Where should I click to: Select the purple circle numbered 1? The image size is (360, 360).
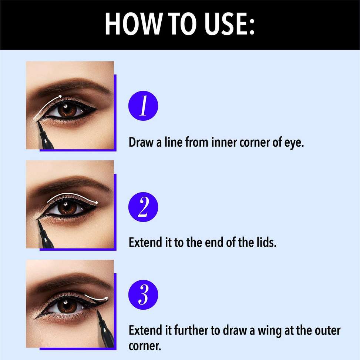pyautogui.click(x=143, y=107)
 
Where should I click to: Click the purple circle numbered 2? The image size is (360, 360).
pyautogui.click(x=143, y=207)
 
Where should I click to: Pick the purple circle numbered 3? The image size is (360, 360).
pyautogui.click(x=143, y=295)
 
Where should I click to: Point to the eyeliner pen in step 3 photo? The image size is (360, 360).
pyautogui.click(x=104, y=330)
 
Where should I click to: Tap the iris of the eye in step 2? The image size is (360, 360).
pyautogui.click(x=67, y=208)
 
